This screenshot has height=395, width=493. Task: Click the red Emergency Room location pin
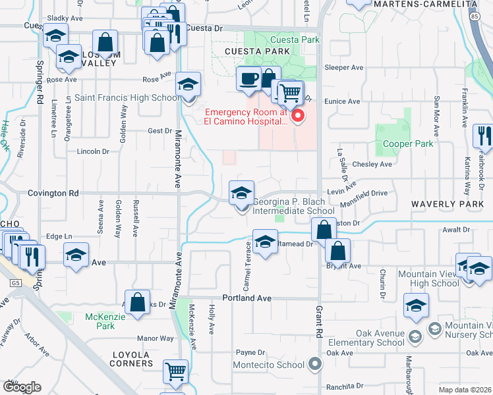pyautogui.click(x=297, y=117)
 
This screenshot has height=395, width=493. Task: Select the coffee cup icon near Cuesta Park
pyautogui.click(x=248, y=79)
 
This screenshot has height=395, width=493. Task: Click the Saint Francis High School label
pyautogui.click(x=127, y=98)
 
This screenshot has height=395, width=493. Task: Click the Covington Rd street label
pyautogui.click(x=53, y=194)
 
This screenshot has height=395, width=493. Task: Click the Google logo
pyautogui.click(x=21, y=386)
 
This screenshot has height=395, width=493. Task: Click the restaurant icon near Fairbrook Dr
pyautogui.click(x=483, y=137)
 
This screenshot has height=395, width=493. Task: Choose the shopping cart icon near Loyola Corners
pyautogui.click(x=176, y=372)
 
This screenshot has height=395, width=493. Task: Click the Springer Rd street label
pyautogui.click(x=40, y=77)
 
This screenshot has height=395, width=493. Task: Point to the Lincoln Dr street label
pyautogui.click(x=92, y=151)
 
